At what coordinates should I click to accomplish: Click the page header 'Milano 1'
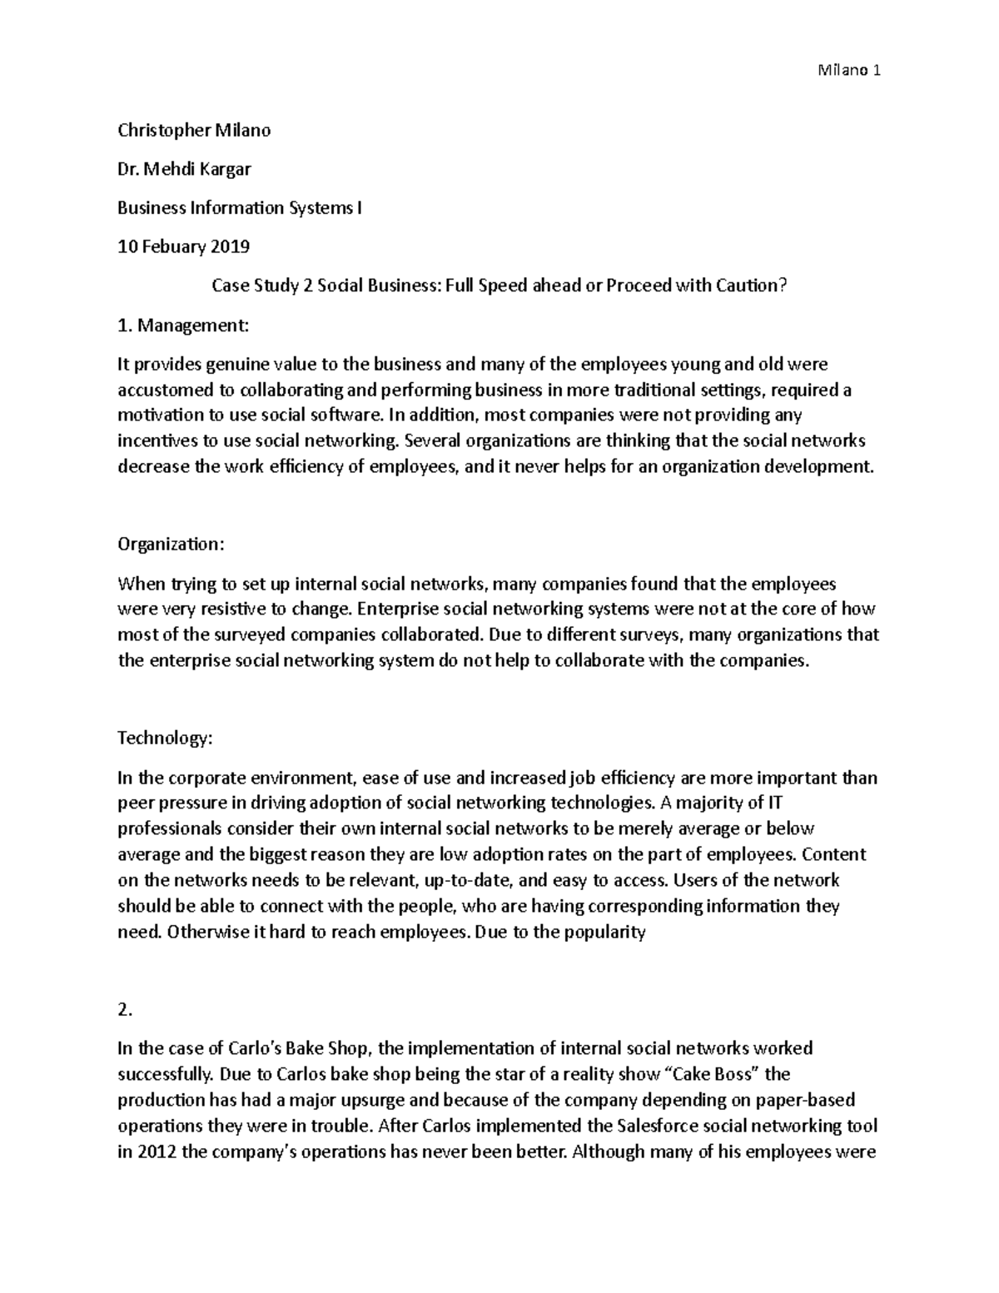pos(849,71)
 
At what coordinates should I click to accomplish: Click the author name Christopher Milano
pos(194,130)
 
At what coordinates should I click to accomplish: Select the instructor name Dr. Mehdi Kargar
pos(184,169)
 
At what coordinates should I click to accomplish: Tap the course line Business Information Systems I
pos(240,207)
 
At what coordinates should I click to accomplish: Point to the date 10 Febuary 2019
pos(183,246)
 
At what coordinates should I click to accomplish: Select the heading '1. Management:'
pos(183,325)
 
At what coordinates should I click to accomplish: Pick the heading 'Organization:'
pos(171,544)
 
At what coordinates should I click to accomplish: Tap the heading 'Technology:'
pos(165,739)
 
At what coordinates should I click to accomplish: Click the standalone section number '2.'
pos(125,1010)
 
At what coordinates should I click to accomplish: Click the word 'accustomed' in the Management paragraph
pos(160,390)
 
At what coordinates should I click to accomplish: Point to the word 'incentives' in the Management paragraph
pos(155,440)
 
